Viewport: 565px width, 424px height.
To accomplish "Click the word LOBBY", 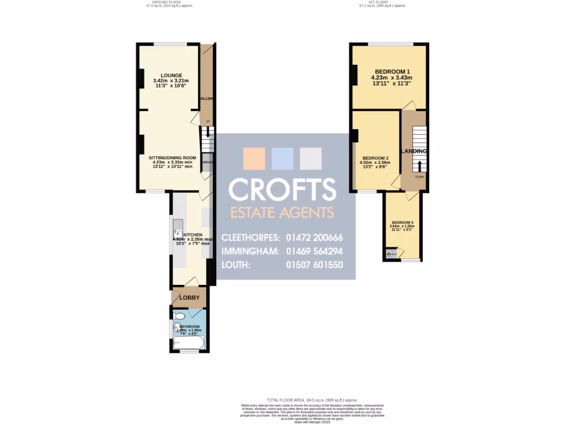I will (189, 298).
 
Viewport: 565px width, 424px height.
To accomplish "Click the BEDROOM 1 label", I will (392, 72).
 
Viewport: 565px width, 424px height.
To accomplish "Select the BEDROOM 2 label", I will (375, 157).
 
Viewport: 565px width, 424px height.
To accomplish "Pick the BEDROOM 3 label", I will (402, 222).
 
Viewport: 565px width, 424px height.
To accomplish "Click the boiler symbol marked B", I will (390, 254).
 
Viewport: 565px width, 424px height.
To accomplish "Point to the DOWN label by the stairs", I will (419, 178).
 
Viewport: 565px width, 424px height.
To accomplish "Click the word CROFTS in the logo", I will (282, 190).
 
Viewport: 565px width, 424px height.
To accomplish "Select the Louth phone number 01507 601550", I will (315, 265).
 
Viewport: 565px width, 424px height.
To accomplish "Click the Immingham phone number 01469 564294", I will (315, 251).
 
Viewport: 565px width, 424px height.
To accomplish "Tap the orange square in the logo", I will (254, 158).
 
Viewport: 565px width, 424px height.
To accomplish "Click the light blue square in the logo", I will (282, 158).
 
